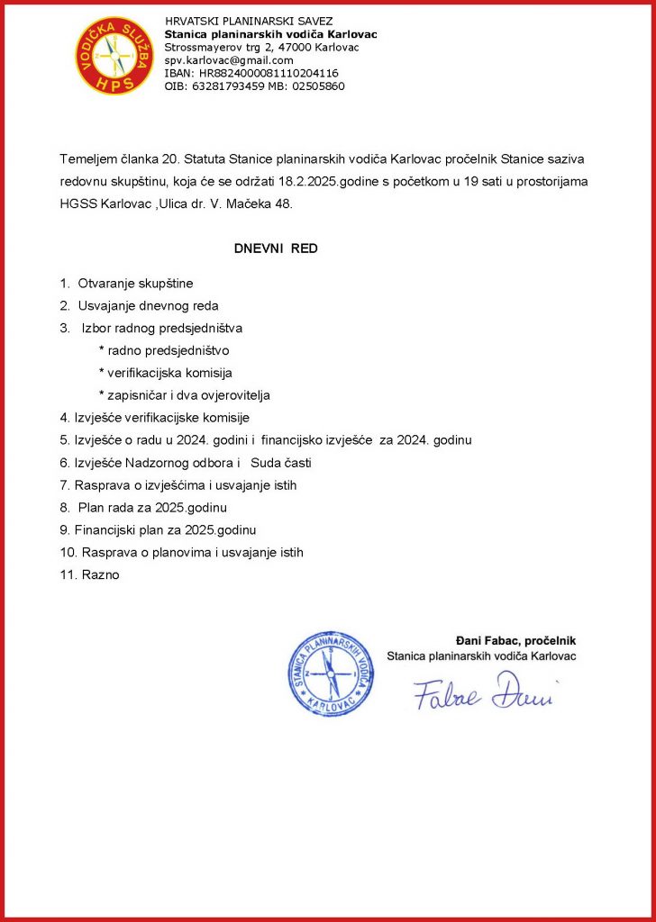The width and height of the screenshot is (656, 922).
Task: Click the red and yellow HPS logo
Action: (x=114, y=56)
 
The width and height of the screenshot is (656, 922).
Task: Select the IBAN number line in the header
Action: (x=251, y=73)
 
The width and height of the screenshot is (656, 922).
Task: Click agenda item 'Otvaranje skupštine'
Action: (x=135, y=284)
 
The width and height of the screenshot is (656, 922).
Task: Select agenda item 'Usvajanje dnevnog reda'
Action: (x=148, y=306)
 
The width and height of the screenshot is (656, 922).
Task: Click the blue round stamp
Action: (x=330, y=673)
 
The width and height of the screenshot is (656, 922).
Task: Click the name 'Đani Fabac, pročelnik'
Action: (x=515, y=640)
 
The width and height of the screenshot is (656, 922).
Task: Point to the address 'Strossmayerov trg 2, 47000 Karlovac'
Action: (x=261, y=47)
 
